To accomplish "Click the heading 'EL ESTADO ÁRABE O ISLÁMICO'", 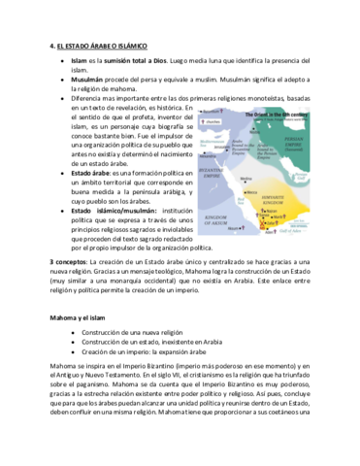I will coord(101,46).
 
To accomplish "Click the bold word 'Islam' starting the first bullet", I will coord(79,60).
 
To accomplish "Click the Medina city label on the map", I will coord(245,180).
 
